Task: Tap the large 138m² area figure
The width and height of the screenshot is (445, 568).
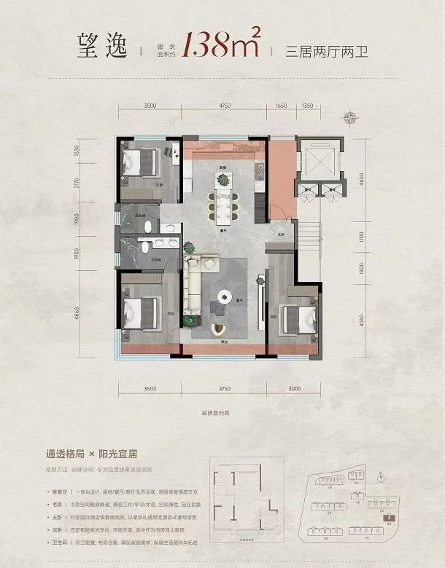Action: (222, 45)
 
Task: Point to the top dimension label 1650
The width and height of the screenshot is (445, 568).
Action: (281, 106)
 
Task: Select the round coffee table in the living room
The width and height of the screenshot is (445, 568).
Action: (225, 296)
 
